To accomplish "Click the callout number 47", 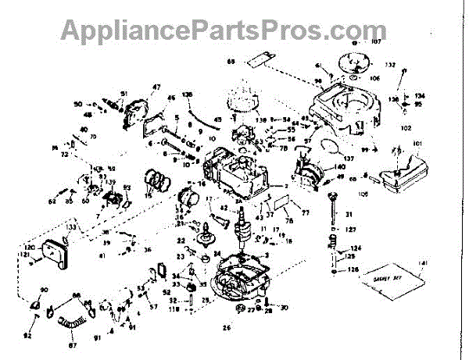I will (x=156, y=86).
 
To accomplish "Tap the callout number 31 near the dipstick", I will (x=350, y=214).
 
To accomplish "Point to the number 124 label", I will (x=355, y=248).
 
